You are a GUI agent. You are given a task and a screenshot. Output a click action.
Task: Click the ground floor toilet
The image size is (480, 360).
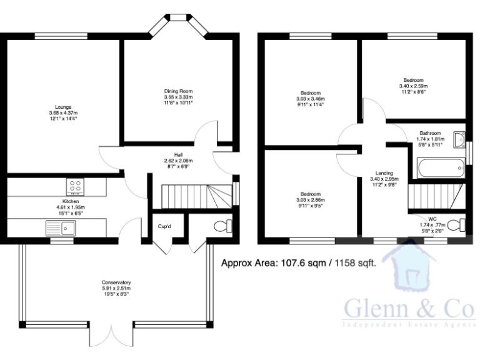click(221, 226)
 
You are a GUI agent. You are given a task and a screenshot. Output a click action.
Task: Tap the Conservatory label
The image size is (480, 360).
click(116, 282)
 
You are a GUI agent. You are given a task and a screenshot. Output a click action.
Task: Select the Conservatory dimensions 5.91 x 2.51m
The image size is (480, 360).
click(116, 289)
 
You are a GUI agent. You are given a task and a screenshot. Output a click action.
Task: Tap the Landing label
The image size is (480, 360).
click(384, 173)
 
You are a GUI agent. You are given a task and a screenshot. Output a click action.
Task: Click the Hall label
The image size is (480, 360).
click(178, 154)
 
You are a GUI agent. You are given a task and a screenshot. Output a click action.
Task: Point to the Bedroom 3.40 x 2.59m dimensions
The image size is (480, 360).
click(413, 86)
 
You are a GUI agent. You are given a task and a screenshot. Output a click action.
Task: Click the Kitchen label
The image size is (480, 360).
click(70, 201)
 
